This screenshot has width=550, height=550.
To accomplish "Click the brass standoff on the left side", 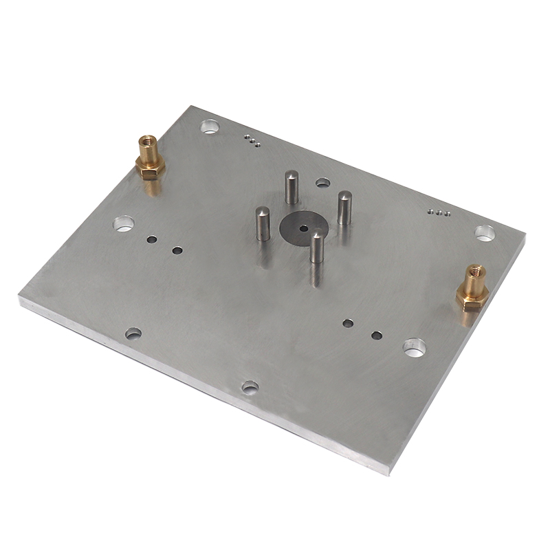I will [149, 158].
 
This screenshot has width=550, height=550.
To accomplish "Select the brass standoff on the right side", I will [473, 287].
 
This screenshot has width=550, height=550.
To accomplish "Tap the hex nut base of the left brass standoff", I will [150, 168].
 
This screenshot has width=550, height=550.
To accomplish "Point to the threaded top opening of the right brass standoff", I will [475, 269].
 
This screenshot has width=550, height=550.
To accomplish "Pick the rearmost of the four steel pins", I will [292, 187].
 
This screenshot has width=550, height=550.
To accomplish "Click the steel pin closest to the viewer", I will [317, 248].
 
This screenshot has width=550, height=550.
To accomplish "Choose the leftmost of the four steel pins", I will [263, 223].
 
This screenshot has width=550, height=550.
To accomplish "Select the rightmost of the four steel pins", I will [344, 208].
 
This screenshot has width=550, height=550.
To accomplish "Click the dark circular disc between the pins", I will [303, 228].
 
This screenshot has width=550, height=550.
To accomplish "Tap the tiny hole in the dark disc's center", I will [303, 228].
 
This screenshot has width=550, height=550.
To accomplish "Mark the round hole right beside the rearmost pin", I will [322, 183].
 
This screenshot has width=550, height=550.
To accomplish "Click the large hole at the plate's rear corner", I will [210, 126].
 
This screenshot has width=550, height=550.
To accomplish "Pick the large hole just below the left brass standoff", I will [124, 223].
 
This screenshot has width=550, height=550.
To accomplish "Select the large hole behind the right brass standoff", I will [485, 232].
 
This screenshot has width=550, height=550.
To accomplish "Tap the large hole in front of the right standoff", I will [414, 348].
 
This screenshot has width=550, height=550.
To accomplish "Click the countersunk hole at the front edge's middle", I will [250, 387].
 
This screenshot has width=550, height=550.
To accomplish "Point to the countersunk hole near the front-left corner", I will [133, 333].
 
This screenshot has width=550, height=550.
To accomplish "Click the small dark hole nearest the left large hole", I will [152, 240].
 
